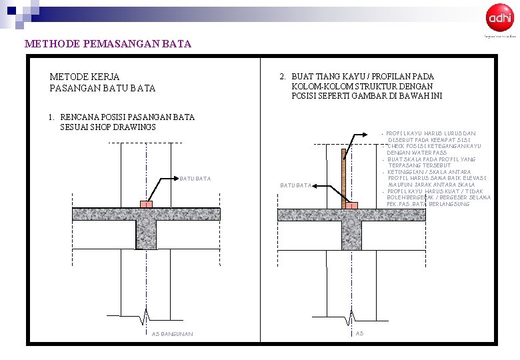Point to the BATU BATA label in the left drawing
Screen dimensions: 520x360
(x=195, y=179)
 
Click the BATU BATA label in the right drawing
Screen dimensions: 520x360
(x=295, y=185)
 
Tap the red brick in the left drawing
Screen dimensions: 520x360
(x=146, y=204)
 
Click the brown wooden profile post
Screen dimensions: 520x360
(x=343, y=177)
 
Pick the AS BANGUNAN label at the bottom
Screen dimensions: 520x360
(x=172, y=334)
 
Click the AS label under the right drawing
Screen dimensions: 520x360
(x=359, y=333)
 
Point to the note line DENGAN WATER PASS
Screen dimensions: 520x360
(x=418, y=153)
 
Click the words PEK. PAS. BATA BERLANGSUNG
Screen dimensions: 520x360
(x=428, y=204)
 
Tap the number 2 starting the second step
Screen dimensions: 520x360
(x=283, y=77)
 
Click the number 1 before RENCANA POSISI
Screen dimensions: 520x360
(x=51, y=117)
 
